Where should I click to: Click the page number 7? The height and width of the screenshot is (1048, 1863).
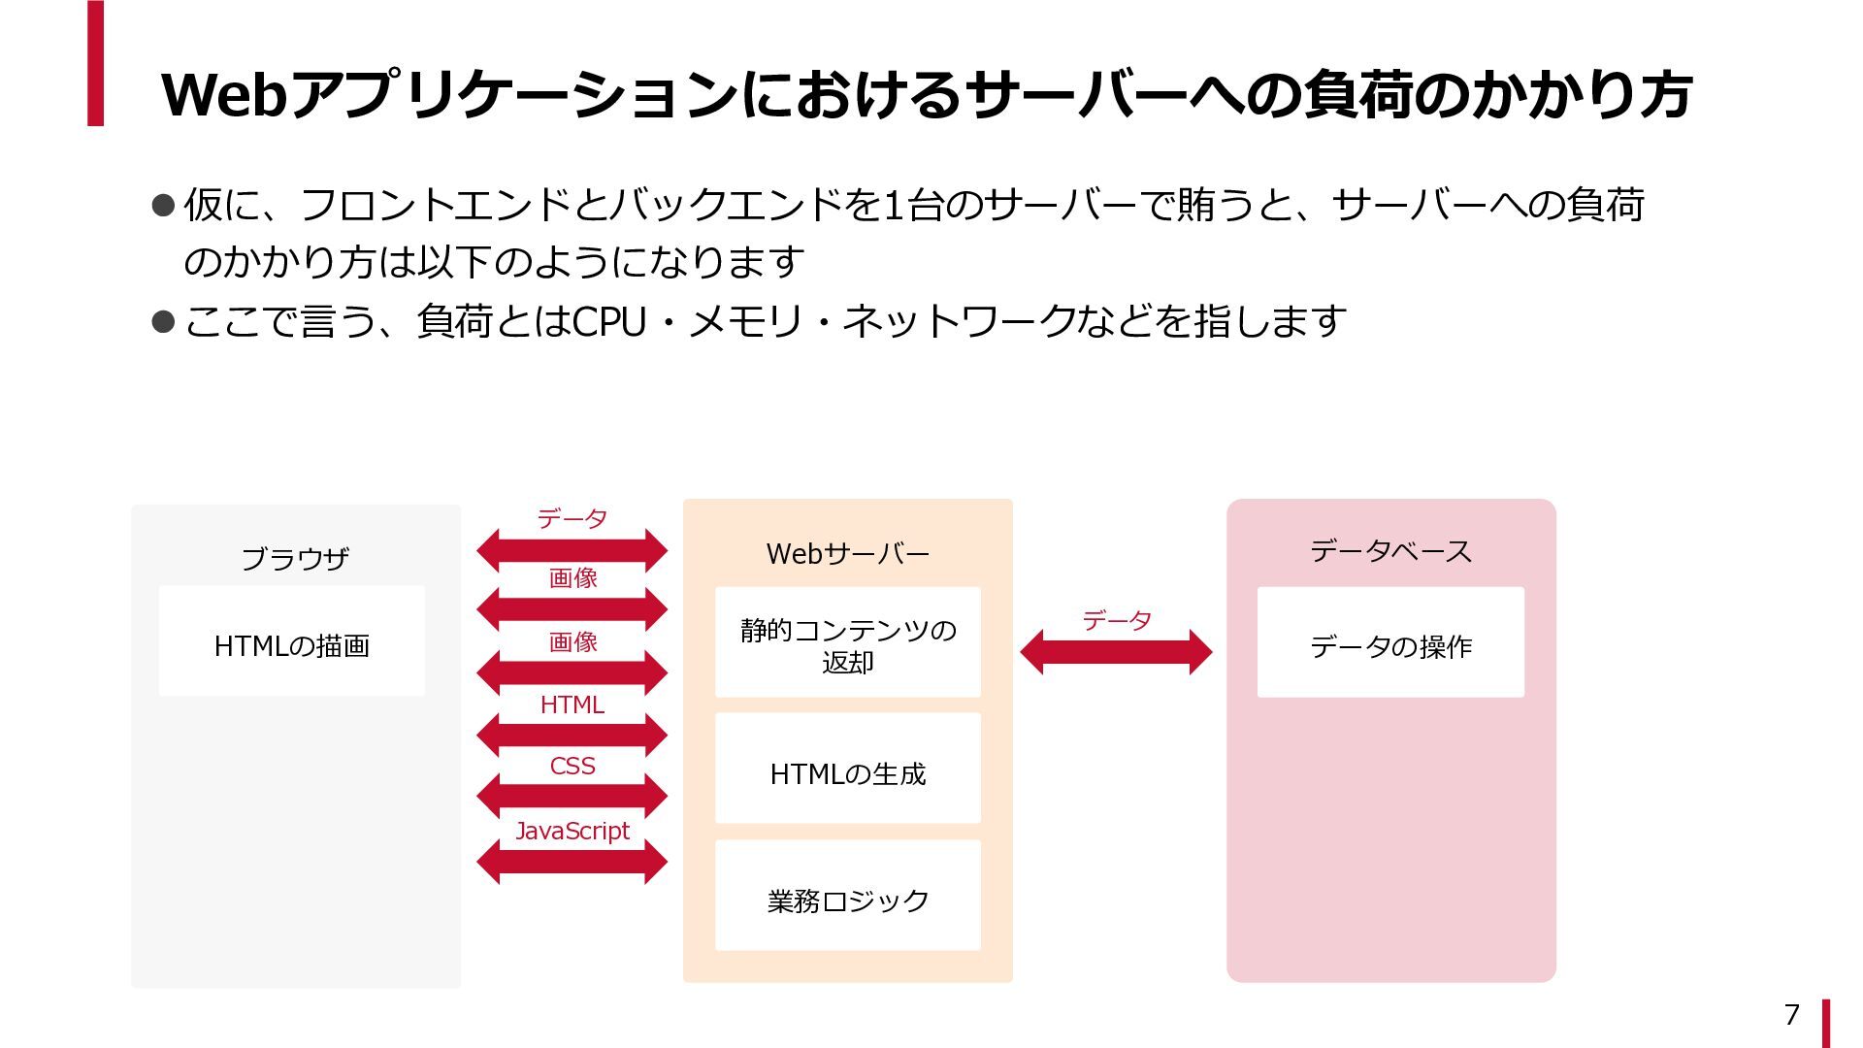point(1791,1014)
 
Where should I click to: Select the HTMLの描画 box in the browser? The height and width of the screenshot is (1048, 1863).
point(292,641)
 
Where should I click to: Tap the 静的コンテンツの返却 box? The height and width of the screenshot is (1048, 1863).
point(847,642)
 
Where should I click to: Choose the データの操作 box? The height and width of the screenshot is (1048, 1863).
point(1390,642)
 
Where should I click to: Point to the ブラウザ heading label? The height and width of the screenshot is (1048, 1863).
point(295,558)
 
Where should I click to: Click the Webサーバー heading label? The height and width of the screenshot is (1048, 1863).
point(847,553)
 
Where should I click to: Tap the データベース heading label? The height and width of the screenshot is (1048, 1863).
point(1390,551)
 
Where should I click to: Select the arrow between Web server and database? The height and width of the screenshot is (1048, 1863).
point(1116,652)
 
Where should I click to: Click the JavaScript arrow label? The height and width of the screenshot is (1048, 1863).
point(572,831)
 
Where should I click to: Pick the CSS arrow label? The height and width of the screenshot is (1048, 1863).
point(572,766)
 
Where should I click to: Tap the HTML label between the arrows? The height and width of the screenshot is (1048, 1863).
point(572,704)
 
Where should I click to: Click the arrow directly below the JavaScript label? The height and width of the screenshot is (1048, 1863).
point(572,862)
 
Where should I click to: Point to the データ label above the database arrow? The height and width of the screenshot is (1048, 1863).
point(1116,620)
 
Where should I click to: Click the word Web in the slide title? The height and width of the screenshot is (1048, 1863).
point(224,95)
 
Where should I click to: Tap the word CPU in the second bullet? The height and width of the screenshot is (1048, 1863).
point(609,321)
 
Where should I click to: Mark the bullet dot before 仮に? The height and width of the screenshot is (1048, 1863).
point(163,205)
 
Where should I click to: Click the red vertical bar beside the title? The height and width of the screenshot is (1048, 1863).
point(95,63)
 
